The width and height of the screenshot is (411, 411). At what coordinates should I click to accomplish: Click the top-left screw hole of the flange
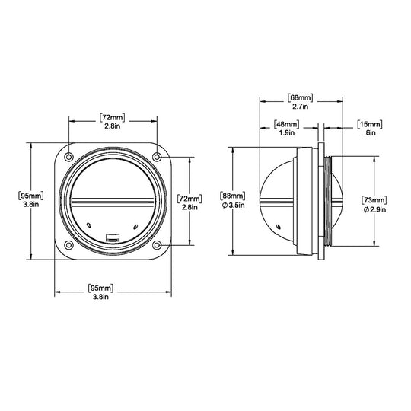[68, 157]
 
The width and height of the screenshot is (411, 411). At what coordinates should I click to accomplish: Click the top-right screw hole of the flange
[157, 157]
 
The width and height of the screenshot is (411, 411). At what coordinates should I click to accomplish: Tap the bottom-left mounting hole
[68, 245]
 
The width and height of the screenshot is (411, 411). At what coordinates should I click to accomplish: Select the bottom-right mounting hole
[157, 245]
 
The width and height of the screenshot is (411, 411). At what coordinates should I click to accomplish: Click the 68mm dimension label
[301, 97]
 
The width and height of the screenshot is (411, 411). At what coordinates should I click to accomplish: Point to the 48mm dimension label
[286, 124]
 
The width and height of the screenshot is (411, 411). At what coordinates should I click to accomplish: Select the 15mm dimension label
[370, 124]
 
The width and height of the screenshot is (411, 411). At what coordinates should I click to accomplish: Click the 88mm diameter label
[233, 196]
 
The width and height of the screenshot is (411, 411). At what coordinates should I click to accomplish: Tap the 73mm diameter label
[374, 200]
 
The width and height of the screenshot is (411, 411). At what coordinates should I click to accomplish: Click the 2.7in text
[301, 107]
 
